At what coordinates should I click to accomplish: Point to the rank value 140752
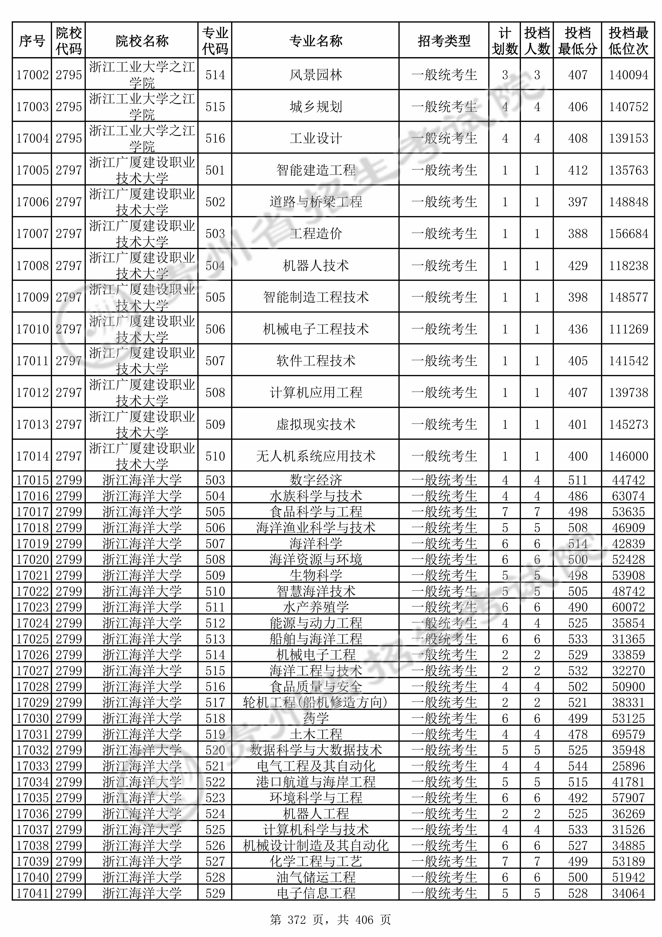pyautogui.click(x=628, y=107)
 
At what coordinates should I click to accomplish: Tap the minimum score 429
pyautogui.click(x=577, y=266)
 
